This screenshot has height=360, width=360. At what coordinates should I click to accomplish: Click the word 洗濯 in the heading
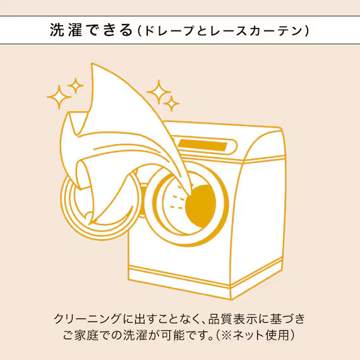pyautogui.click(x=66, y=30)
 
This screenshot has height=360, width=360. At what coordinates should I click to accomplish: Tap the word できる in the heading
pyautogui.click(x=110, y=30)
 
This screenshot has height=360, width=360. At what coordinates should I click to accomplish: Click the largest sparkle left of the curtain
pyautogui.click(x=59, y=97)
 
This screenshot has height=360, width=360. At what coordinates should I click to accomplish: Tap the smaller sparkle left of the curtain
pyautogui.click(x=76, y=85)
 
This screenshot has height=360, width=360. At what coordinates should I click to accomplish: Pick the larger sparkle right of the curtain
pyautogui.click(x=159, y=92)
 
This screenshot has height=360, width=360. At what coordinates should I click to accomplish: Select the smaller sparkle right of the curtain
pyautogui.click(x=171, y=104)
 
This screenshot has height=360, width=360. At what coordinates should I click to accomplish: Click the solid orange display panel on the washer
pyautogui.click(x=202, y=145)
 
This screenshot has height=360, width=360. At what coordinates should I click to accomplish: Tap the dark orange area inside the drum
pyautogui.click(x=201, y=205)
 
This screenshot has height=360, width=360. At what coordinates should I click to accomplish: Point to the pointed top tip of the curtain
pyautogui.click(x=92, y=63)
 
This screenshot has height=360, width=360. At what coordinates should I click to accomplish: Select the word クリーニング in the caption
pyautogui.click(x=88, y=319)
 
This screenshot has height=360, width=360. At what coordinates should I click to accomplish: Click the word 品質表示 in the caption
pyautogui.click(x=232, y=319)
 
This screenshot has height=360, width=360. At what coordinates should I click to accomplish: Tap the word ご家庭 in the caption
pyautogui.click(x=81, y=335)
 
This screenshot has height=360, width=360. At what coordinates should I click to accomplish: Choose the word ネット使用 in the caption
pyautogui.click(x=261, y=335)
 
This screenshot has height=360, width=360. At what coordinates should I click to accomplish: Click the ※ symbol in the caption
pyautogui.click(x=226, y=335)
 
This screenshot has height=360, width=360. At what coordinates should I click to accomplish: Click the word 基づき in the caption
pyautogui.click(x=287, y=319)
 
